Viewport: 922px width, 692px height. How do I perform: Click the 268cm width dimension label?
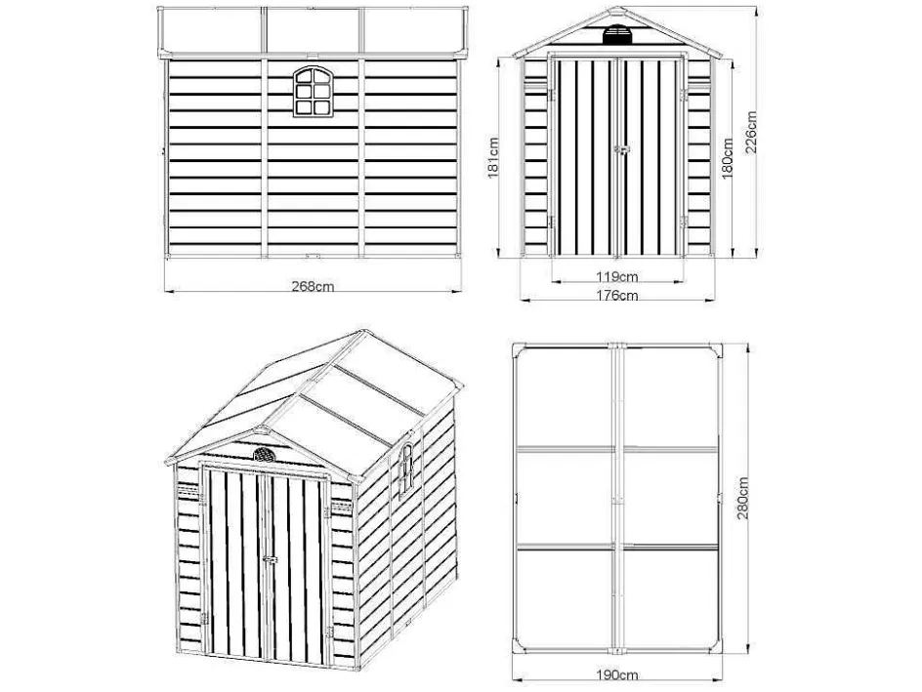coord(313,286)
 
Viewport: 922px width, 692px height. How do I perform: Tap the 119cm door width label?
coord(617,276)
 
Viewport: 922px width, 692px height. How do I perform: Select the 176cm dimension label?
coord(617,295)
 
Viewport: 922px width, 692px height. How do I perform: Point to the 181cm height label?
coord(493,157)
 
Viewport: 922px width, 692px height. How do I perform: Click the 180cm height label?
coord(728,159)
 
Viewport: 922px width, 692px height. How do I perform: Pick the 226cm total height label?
coord(751,132)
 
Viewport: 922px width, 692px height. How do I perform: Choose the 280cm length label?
coord(743,498)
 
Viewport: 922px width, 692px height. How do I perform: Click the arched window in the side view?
coord(313,92)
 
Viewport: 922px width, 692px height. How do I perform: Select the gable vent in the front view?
coord(617,34)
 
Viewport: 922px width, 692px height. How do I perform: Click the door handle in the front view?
coord(621,149)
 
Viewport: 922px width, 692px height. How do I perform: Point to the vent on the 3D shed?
coord(264,454)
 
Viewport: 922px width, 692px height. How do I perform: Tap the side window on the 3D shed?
coord(406,468)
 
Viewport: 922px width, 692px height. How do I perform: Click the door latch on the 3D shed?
coord(270,560)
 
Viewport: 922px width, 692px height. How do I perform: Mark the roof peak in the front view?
coord(617,8)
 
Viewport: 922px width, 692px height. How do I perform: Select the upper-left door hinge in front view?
coord(552,95)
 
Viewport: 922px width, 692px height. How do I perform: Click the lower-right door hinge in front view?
coord(684,223)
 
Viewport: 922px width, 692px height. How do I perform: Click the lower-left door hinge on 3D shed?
coord(204,618)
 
